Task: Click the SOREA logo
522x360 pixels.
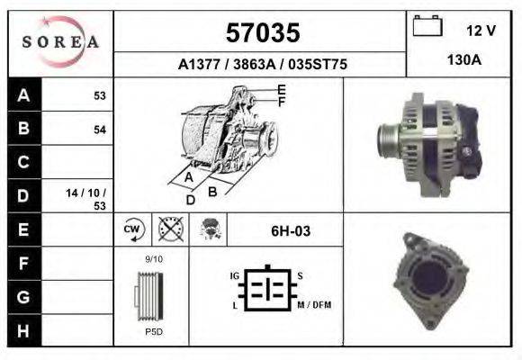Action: click(x=60, y=41)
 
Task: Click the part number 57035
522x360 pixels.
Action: click(x=262, y=33)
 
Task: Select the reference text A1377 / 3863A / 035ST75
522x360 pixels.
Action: click(x=262, y=65)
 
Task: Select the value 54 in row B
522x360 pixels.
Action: click(x=99, y=130)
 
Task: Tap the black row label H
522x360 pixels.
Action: click(x=23, y=330)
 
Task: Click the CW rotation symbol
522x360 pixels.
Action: click(x=130, y=230)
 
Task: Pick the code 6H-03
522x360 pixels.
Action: click(x=290, y=231)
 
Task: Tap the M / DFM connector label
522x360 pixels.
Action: click(x=314, y=305)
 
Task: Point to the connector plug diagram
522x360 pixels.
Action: click(x=266, y=290)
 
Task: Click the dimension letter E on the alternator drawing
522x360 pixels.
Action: click(x=282, y=89)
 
